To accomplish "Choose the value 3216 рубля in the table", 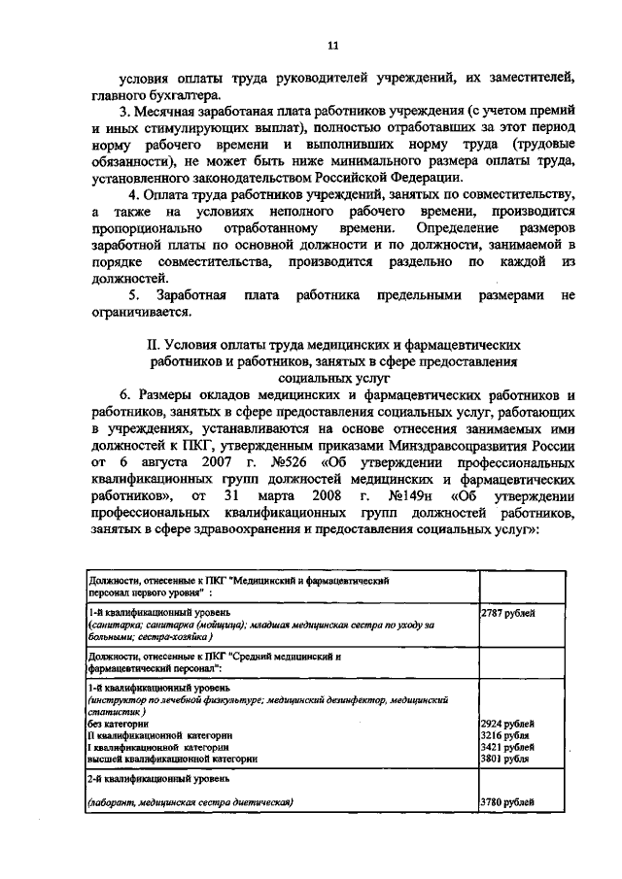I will (x=506, y=736).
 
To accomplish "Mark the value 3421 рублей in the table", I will (x=507, y=748).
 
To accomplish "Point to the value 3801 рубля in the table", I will (x=506, y=760).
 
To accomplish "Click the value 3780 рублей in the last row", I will (x=507, y=802).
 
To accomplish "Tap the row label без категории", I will (x=118, y=724).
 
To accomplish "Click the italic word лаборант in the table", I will (x=113, y=802).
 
